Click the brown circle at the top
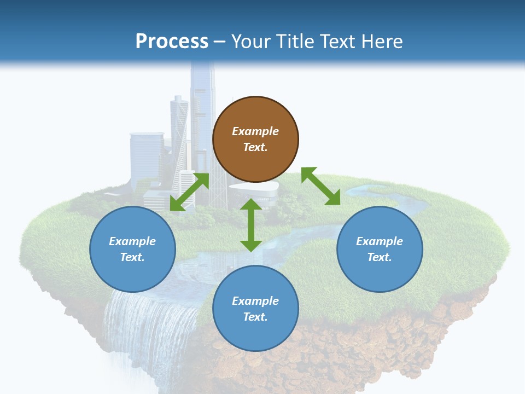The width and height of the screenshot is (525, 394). click(x=255, y=139)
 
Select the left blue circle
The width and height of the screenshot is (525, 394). click(x=132, y=249)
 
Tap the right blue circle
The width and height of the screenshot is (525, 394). click(x=380, y=249)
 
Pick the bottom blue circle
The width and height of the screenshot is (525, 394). click(x=255, y=308)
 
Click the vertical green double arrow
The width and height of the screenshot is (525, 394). click(x=251, y=225)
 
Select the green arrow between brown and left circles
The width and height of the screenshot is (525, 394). click(x=189, y=192)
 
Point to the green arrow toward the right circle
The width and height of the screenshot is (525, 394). click(x=320, y=186)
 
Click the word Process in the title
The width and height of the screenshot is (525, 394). click(x=172, y=41)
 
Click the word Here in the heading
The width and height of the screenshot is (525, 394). click(x=381, y=41)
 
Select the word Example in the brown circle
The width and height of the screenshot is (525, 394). click(x=255, y=131)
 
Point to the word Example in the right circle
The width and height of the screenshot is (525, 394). click(x=380, y=241)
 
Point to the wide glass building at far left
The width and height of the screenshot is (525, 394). click(x=146, y=159)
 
